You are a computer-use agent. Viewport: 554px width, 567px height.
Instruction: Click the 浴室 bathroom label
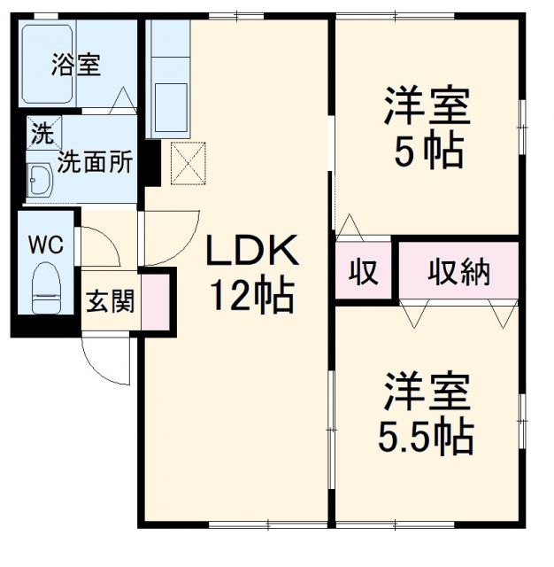75,66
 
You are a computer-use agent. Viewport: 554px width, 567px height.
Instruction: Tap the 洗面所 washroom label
96,162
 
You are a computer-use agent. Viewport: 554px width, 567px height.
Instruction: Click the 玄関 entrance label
110,302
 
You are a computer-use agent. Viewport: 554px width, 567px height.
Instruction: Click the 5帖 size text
427,152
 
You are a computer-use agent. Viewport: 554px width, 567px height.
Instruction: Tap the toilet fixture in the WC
45,288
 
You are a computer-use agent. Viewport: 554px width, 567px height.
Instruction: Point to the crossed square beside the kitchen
188,163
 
